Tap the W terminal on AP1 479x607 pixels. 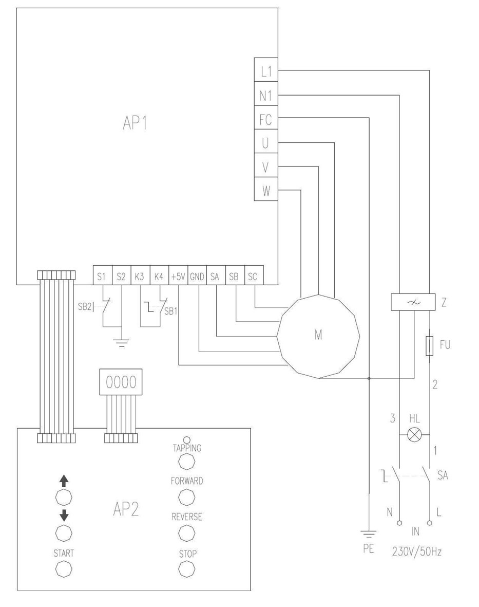tap(266, 191)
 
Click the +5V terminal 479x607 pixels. tap(178, 276)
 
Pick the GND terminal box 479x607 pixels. tap(197, 276)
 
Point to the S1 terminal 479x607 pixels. tap(101, 276)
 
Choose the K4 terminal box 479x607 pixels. tap(159, 276)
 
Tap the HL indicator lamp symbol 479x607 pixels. tap(414, 435)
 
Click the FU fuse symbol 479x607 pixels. tap(429, 344)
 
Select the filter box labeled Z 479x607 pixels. tap(410, 302)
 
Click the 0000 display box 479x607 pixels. tap(121, 382)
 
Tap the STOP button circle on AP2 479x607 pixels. tap(186, 568)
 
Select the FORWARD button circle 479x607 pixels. tap(186, 496)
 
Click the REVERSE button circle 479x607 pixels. tap(186, 533)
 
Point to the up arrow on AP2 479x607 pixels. tap(64, 481)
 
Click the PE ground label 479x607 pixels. tap(368, 549)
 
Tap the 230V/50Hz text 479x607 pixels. tap(416, 552)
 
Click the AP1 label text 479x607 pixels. tap(135, 123)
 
